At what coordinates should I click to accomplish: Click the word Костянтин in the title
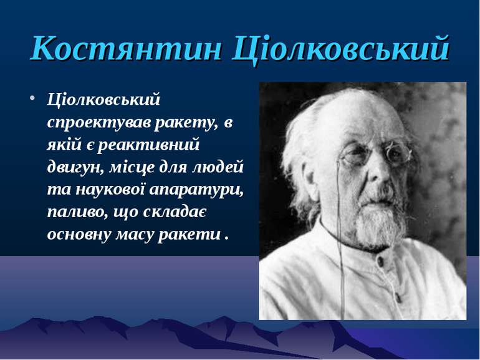[x=126, y=48]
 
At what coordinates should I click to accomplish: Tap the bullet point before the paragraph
[x=32, y=99]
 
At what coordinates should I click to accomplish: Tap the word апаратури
[x=197, y=190]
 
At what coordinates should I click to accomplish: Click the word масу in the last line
[x=134, y=235]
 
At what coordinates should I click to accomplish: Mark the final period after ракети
[x=226, y=239]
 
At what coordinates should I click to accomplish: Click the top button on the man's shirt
[x=380, y=261]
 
